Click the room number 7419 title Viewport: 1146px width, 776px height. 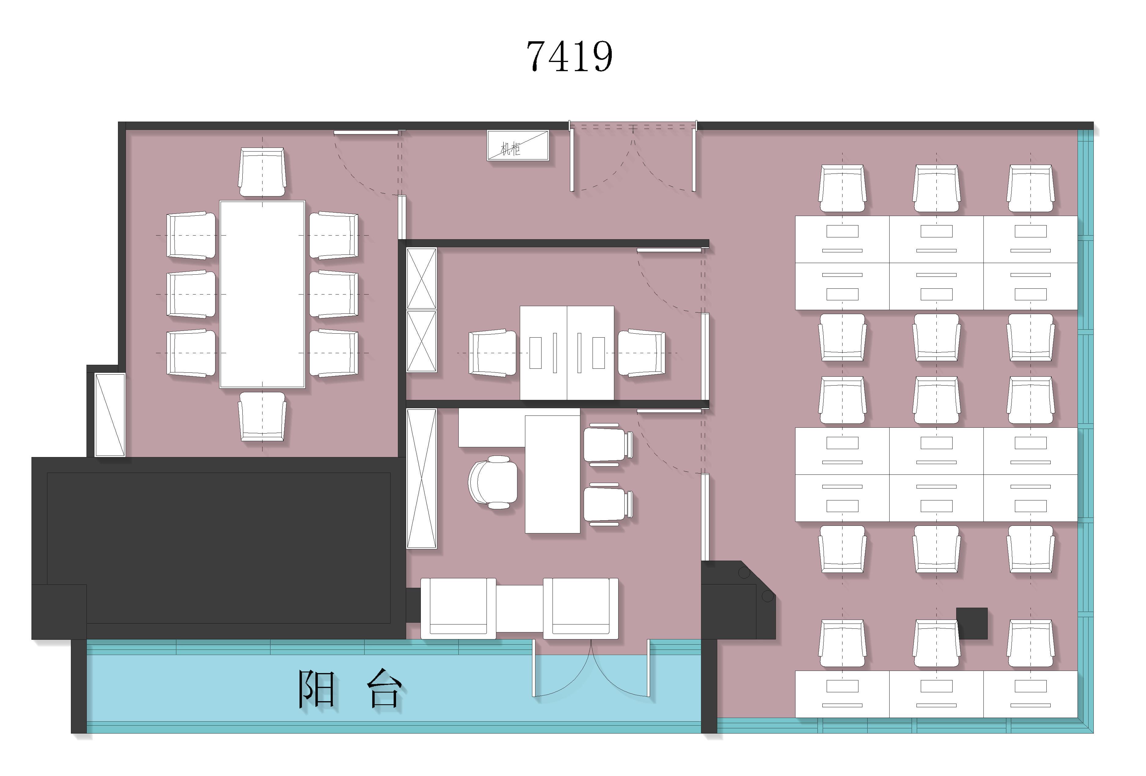pyautogui.click(x=570, y=57)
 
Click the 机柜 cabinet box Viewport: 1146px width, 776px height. pyautogui.click(x=517, y=145)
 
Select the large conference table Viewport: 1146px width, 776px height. pyautogui.click(x=262, y=294)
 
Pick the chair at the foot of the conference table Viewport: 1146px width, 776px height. pyautogui.click(x=262, y=417)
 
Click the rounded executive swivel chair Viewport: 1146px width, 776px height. pyautogui.click(x=493, y=482)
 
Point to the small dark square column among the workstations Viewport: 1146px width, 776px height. pyautogui.click(x=972, y=623)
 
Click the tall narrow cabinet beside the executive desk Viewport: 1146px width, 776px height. pyautogui.click(x=421, y=478)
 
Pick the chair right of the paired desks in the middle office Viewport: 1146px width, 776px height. pyautogui.click(x=641, y=353)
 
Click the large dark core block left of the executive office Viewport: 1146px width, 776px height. pyautogui.click(x=219, y=548)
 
